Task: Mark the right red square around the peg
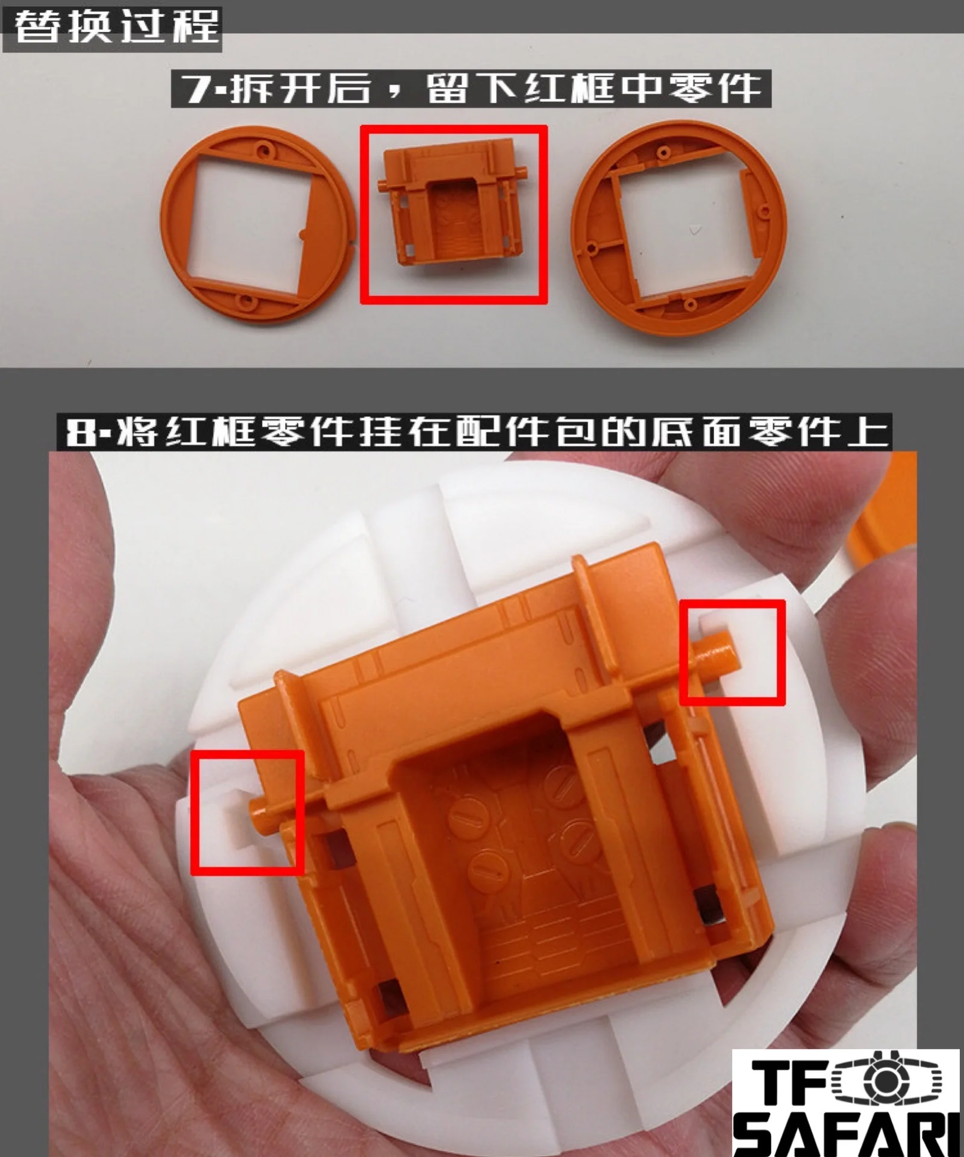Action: [732, 652]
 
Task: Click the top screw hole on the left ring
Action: [263, 148]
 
